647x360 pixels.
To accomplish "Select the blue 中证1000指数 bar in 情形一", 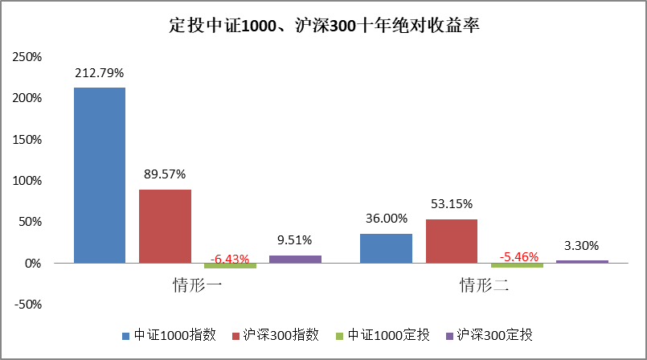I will coord(100,175).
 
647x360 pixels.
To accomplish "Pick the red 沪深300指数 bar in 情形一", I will coord(165,226).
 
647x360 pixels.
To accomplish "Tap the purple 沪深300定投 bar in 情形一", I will coord(295,259).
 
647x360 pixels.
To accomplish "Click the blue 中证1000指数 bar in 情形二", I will coord(386,248).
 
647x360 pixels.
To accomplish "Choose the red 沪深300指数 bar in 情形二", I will coord(451,241).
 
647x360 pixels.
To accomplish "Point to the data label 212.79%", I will coord(100,72).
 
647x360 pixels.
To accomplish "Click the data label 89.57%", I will coord(165,174).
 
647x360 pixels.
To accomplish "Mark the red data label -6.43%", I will coord(230,260).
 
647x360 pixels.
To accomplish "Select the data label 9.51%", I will coord(295,239).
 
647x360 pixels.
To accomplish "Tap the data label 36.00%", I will coord(387,218).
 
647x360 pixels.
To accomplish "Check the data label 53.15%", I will coord(451,203).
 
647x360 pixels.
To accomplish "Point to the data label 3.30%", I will coord(581,245).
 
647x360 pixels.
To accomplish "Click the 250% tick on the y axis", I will coord(28,57).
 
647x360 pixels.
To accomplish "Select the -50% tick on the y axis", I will coord(28,305).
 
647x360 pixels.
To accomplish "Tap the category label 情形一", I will coord(197,285).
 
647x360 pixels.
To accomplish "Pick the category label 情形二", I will coord(484,285).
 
